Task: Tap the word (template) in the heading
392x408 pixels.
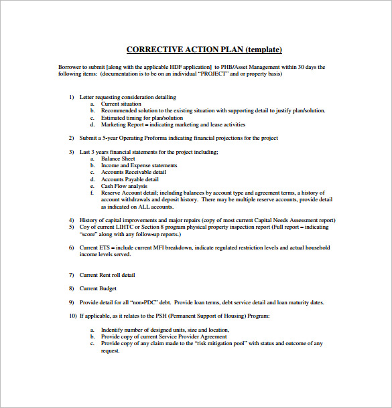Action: [264, 50]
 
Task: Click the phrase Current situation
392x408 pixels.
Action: [121, 104]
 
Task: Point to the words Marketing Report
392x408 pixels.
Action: [123, 124]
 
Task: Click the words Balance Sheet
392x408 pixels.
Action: [117, 159]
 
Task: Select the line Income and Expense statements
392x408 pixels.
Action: [139, 165]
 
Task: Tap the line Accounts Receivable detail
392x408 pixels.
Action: [134, 173]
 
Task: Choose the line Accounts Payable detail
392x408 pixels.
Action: [129, 179]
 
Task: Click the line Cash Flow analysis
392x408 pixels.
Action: [124, 186]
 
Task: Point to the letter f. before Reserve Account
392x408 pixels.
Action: [92, 193]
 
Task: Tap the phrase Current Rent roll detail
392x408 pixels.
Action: [107, 275]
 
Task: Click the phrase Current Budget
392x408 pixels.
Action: [98, 288]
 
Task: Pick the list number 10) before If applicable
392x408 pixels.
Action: [72, 316]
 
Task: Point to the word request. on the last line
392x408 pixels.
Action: [110, 350]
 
